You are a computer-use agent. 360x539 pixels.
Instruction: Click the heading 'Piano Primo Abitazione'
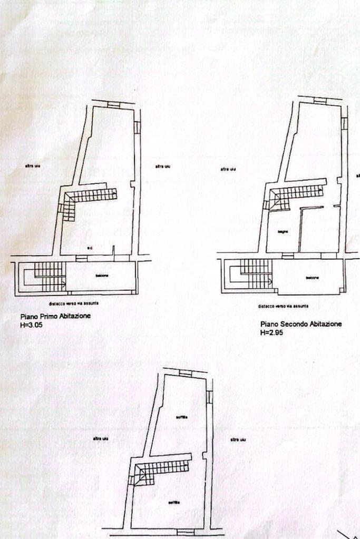click(x=55, y=316)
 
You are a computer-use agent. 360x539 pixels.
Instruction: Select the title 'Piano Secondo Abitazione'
click(x=300, y=324)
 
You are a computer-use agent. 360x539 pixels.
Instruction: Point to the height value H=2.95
click(x=271, y=333)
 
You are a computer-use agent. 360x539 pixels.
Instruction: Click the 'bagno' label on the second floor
click(x=283, y=232)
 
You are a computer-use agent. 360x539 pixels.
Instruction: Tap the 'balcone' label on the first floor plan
click(x=102, y=276)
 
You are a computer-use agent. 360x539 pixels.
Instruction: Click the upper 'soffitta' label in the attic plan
click(x=182, y=417)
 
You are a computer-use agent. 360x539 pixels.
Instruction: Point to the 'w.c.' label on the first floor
click(x=91, y=248)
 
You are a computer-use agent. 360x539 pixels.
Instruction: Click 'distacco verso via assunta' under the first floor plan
click(x=74, y=303)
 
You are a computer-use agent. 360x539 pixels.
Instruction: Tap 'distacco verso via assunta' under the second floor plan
click(x=283, y=306)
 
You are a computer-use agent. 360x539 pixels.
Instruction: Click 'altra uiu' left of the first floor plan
click(x=33, y=166)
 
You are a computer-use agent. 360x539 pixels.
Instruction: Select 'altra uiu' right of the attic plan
click(x=238, y=439)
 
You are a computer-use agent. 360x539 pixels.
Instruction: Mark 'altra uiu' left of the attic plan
click(x=101, y=439)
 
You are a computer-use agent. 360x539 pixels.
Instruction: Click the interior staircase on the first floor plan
click(x=90, y=198)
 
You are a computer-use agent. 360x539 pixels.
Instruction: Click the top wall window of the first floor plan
click(x=113, y=104)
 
